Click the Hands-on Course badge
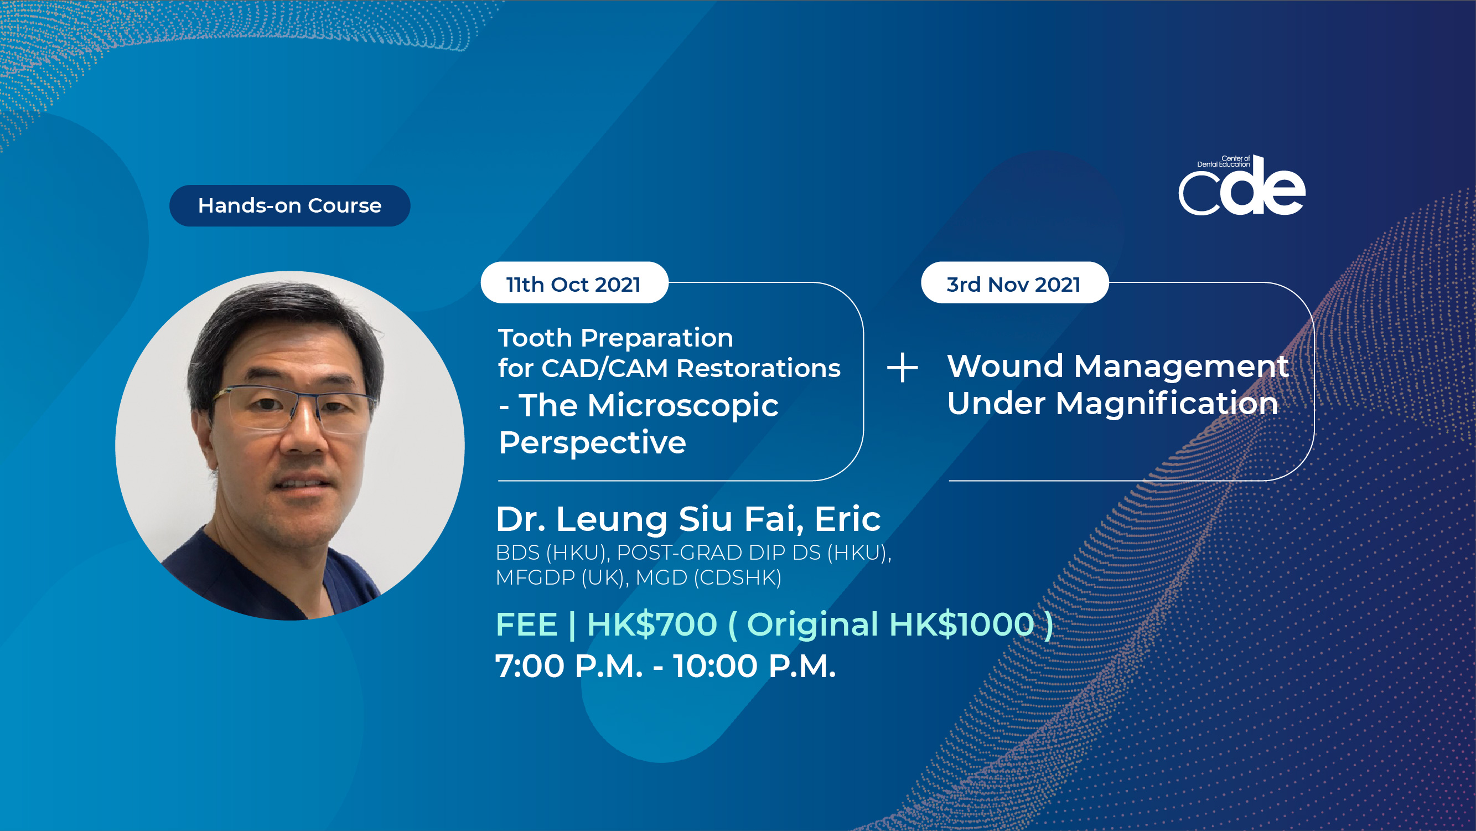(x=290, y=206)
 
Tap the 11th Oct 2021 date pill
(x=574, y=282)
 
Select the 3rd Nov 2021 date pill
(x=1014, y=282)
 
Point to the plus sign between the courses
(x=903, y=368)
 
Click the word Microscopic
(x=683, y=406)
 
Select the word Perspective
(x=593, y=442)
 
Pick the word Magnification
(x=1167, y=403)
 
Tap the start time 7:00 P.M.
(x=569, y=666)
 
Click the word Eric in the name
(x=847, y=519)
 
